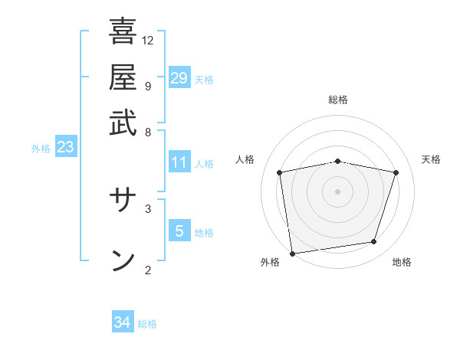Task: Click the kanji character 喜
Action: click(123, 32)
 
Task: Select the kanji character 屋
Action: click(123, 77)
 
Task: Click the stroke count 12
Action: click(148, 40)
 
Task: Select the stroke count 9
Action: click(147, 86)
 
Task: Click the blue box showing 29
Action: click(179, 78)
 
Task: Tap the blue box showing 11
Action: click(179, 162)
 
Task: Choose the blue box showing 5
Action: click(179, 231)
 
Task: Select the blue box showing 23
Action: click(65, 148)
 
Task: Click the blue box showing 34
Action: click(123, 322)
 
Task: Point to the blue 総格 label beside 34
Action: click(148, 324)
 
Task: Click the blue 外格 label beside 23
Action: click(41, 149)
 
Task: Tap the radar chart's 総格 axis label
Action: click(338, 100)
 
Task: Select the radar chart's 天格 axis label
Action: click(432, 159)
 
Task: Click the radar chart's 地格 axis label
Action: click(402, 262)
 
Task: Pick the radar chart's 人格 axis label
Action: click(245, 159)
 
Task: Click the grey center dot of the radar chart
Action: click(338, 191)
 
